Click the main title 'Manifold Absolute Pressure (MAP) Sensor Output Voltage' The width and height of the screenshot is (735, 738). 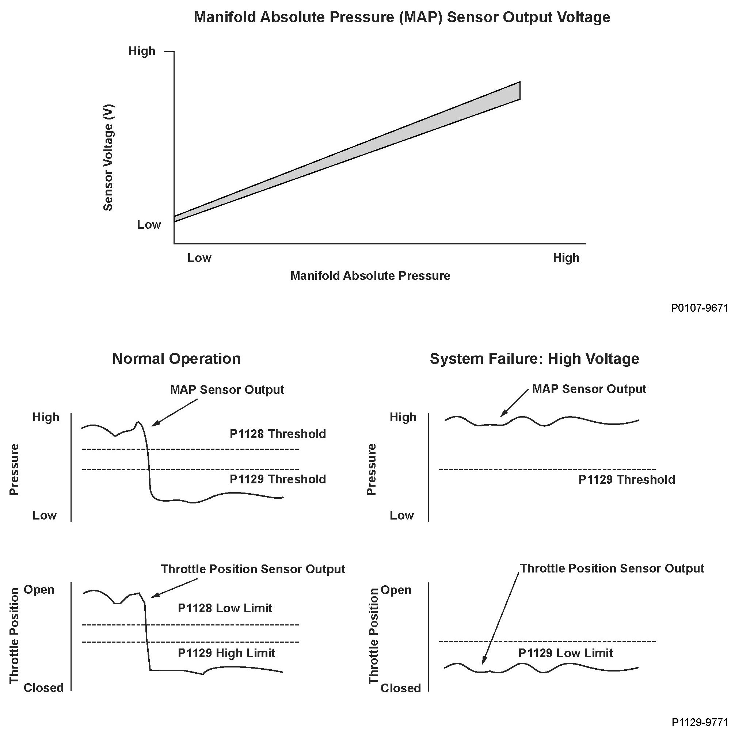[x=402, y=18]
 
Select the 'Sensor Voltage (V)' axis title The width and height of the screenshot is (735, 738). [x=108, y=157]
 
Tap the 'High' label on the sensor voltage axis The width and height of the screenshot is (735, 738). [x=142, y=51]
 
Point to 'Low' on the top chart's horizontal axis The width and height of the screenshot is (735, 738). [x=199, y=258]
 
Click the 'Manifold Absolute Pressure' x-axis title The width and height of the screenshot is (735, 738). [x=370, y=276]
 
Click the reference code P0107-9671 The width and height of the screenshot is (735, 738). [x=699, y=308]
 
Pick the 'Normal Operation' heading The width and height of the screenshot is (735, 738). [x=176, y=359]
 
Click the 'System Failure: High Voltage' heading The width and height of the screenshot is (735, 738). [x=534, y=359]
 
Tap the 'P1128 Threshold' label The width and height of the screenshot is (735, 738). [x=277, y=434]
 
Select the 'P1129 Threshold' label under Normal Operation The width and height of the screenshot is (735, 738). [x=277, y=479]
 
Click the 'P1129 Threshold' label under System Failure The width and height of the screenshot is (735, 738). [x=627, y=479]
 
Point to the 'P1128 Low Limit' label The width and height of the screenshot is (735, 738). [x=225, y=608]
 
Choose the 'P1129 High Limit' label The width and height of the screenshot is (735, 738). [x=226, y=653]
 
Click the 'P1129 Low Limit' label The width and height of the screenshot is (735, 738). [x=565, y=653]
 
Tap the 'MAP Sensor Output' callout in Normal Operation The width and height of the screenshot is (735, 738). [x=227, y=389]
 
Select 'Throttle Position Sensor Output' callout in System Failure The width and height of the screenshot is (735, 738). [x=612, y=568]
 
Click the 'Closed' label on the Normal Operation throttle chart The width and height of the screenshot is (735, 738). [x=43, y=688]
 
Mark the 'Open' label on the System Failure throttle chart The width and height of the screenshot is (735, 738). [x=396, y=590]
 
